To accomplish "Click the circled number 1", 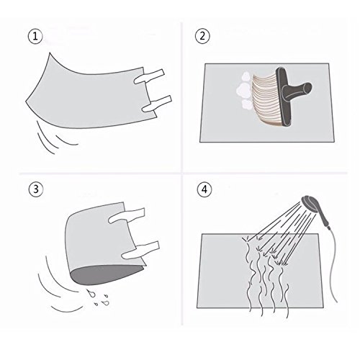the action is point(35,37).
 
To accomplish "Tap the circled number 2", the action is point(202,36).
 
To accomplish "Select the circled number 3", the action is point(36,189).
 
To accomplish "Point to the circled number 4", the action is point(204,189).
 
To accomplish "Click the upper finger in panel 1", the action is point(149,76).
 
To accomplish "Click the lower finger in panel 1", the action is point(157,104).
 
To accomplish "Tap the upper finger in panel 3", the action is point(127,215).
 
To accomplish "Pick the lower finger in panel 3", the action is point(140,250).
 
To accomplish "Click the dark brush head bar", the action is point(284,96).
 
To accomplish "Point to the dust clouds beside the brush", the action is point(244,90).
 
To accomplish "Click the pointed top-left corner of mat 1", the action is point(50,53).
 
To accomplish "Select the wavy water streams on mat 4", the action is point(266,276).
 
